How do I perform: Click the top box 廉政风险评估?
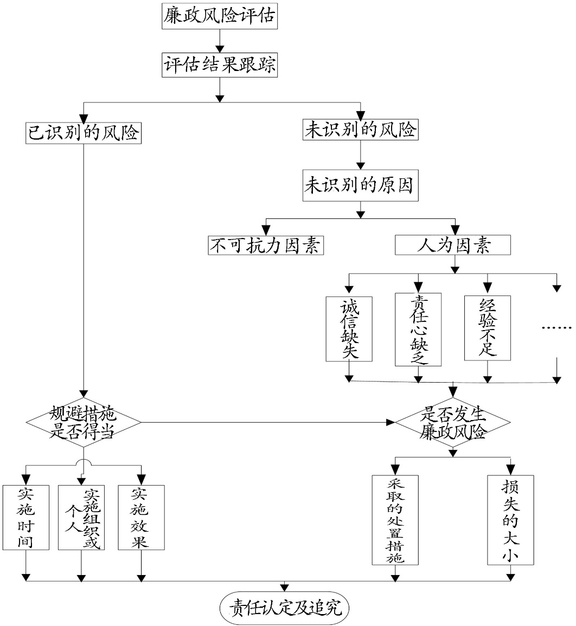pos(219,16)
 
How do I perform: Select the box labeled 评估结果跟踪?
pos(219,64)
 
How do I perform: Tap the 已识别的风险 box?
pos(84,133)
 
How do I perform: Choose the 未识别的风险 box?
pos(360,130)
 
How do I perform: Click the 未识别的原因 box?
pos(360,185)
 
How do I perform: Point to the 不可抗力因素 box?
pos(266,245)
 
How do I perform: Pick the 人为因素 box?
pos(452,245)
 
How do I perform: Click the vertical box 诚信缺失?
pos(349,329)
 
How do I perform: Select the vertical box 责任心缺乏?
pos(418,330)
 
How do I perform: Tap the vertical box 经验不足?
pos(488,328)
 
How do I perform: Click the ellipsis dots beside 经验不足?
pos(557,328)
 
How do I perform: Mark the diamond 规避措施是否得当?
pos(84,422)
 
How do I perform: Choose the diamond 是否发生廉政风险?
pos(452,422)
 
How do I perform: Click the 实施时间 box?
pos(26,518)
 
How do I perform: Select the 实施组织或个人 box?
pos(81,518)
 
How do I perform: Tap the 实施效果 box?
pos(142,518)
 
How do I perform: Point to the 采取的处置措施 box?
pos(395,520)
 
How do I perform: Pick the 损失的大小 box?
pos(510,520)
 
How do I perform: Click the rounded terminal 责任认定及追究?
pos(284,608)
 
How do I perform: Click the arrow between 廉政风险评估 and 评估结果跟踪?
pos(220,41)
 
